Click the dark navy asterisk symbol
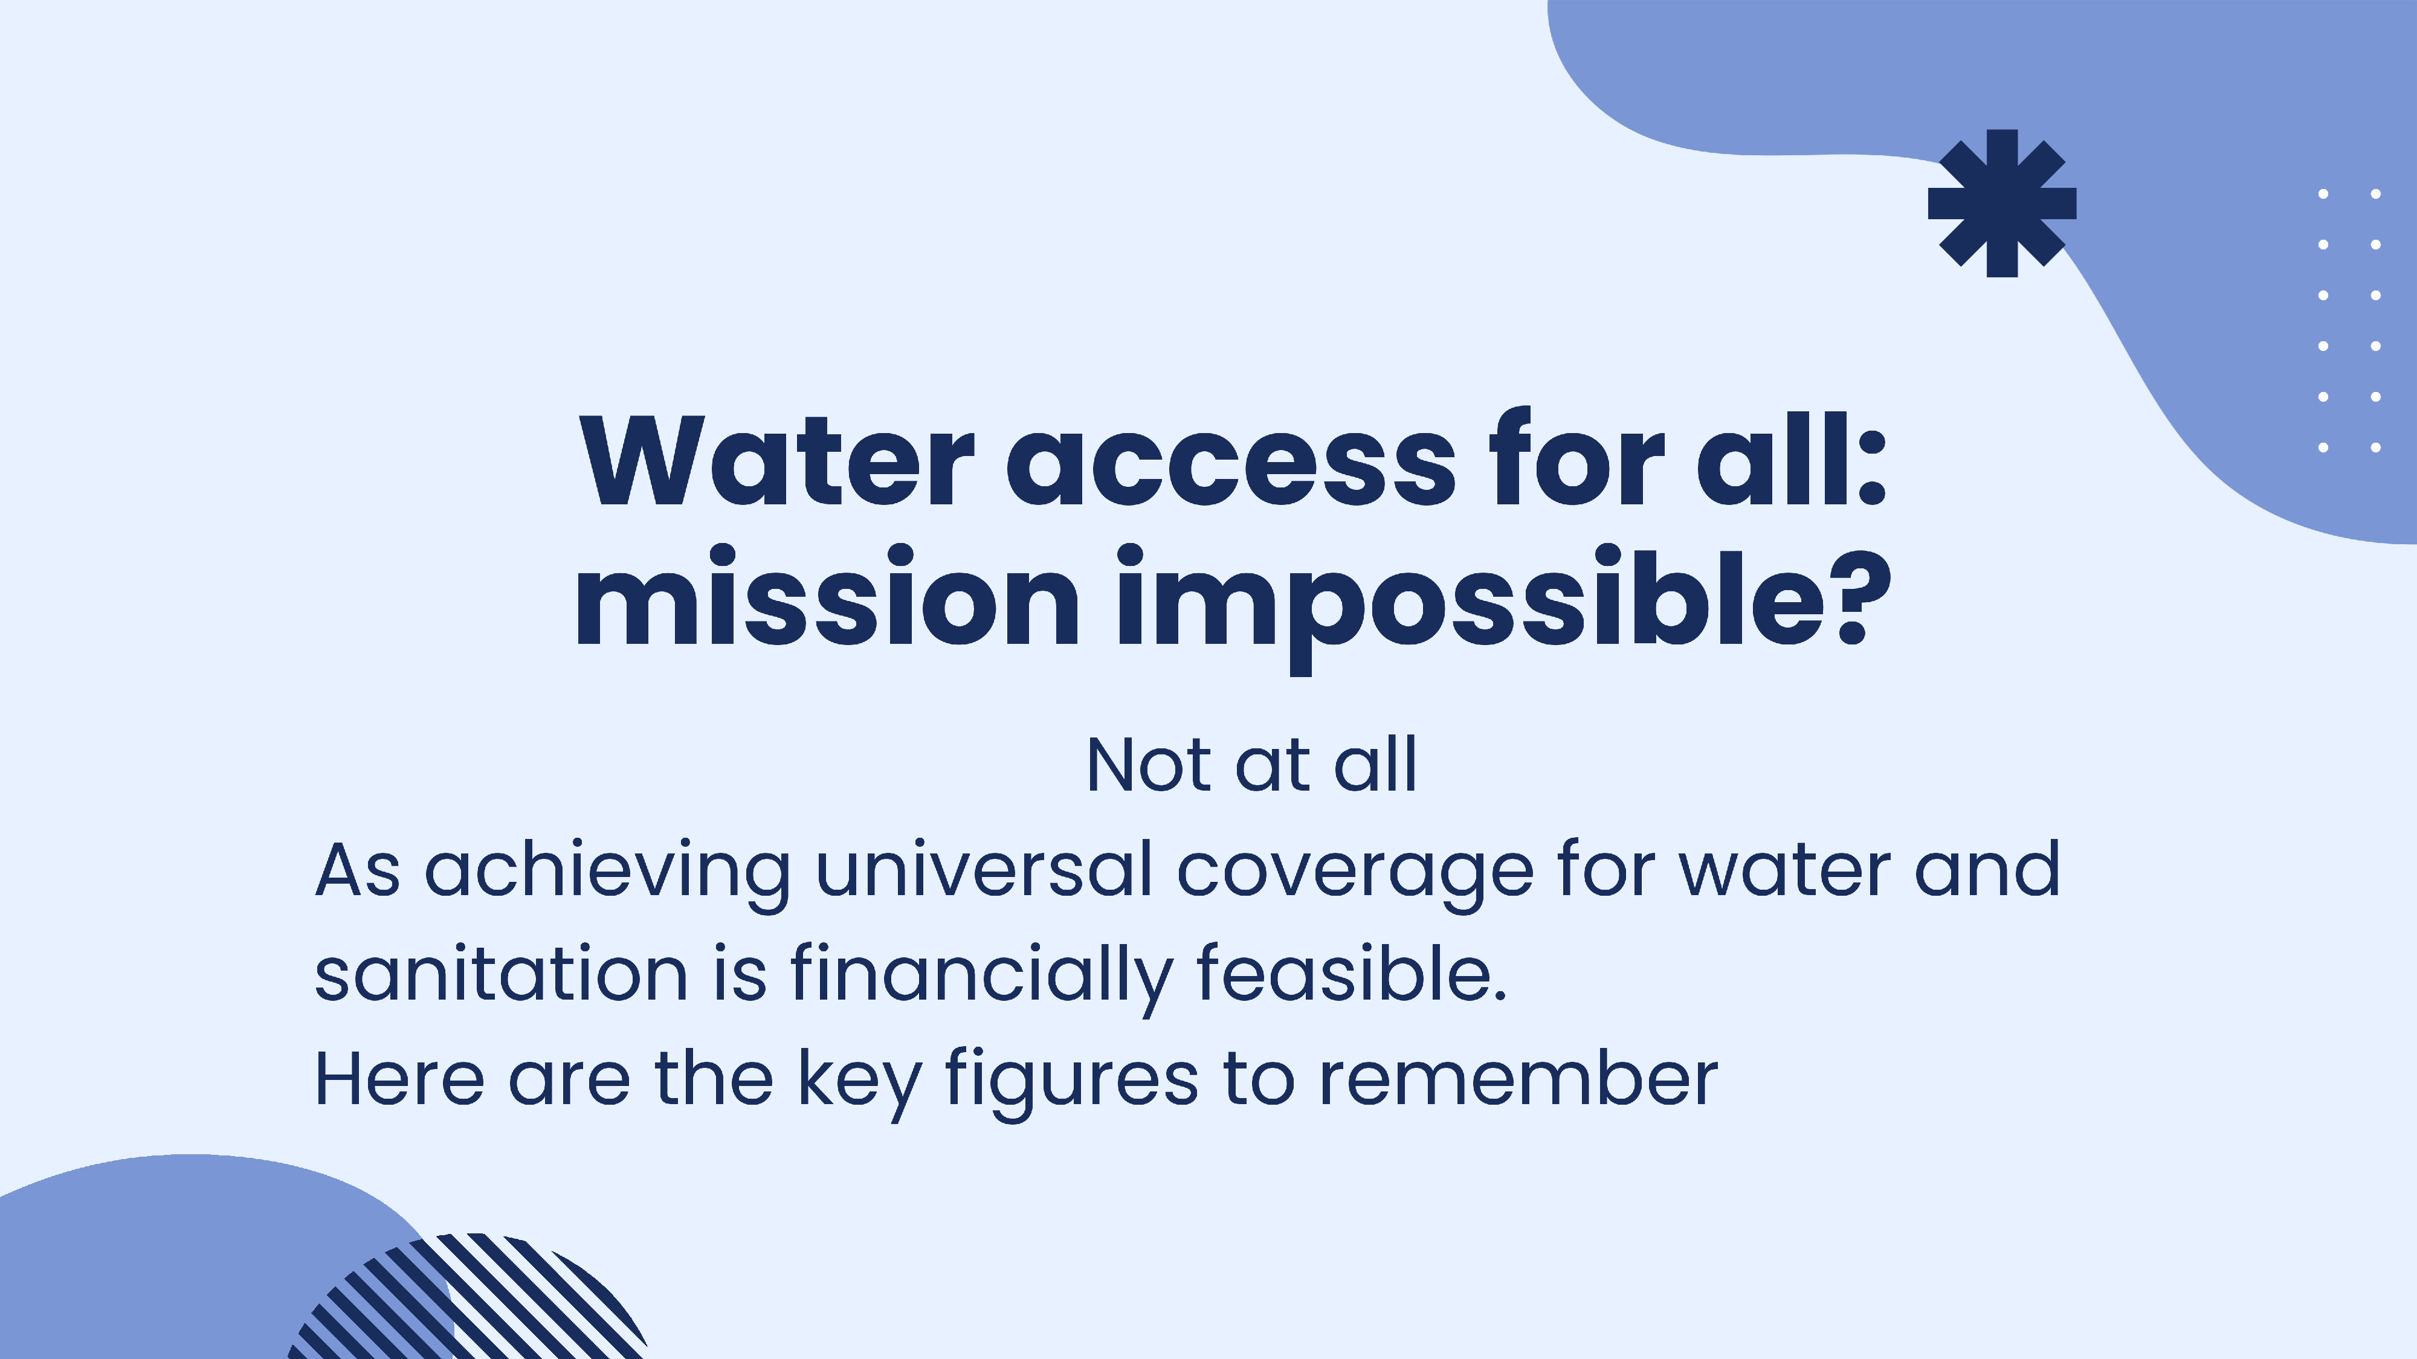pos(2001,204)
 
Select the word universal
pos(983,870)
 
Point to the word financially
pos(981,976)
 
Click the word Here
pos(399,1079)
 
